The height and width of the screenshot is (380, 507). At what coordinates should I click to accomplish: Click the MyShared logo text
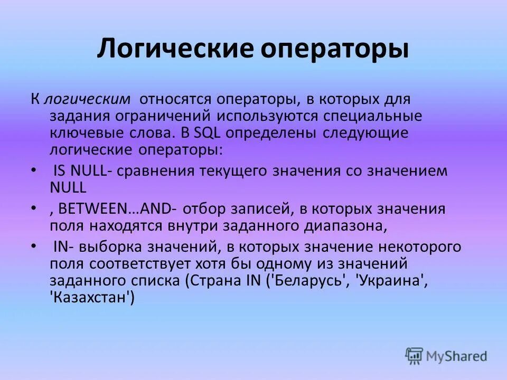click(456, 356)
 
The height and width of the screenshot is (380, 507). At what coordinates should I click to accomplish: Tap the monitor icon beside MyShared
click(414, 356)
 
